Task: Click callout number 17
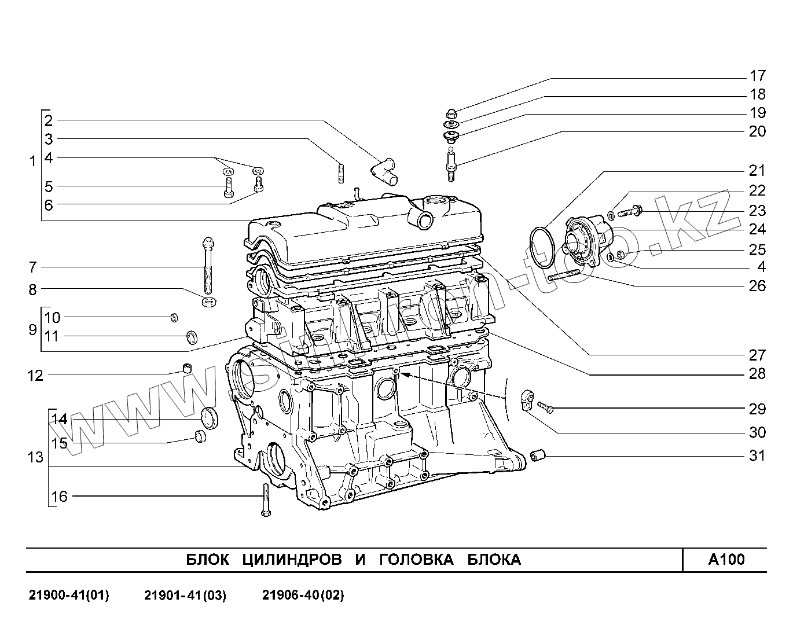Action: pos(757,76)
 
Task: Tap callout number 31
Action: pos(757,456)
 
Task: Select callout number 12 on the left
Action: pos(35,376)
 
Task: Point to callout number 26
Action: pos(757,286)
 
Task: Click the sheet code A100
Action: pos(726,560)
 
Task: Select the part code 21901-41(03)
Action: pos(185,595)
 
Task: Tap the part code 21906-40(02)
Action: pos(303,595)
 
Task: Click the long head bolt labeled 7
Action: pos(207,266)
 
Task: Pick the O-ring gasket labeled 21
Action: pos(542,248)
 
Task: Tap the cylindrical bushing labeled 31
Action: pos(537,455)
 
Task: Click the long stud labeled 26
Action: pos(564,276)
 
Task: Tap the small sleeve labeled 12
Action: pos(187,368)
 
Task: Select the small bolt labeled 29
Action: pos(545,407)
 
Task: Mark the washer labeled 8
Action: pos(209,302)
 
